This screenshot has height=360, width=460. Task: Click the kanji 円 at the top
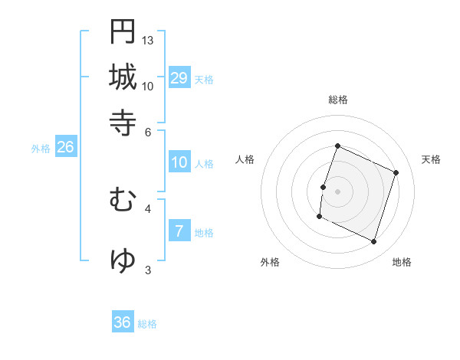[x=123, y=31]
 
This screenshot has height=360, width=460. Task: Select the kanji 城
[x=123, y=77]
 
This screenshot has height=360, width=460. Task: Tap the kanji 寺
[x=123, y=123]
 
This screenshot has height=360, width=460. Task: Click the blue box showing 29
[x=179, y=78]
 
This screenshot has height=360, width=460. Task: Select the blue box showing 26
[x=65, y=148]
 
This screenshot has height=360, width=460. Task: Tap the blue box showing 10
[x=179, y=162]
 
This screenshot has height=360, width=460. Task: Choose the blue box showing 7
[x=179, y=232]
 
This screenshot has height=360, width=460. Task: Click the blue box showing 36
[x=123, y=322]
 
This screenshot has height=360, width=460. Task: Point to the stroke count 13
[x=148, y=40]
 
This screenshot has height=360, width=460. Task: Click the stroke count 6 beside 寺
[x=148, y=131]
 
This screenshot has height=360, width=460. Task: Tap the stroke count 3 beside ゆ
[x=148, y=270]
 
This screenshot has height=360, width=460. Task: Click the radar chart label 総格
[x=338, y=100]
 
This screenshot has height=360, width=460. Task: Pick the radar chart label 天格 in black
[x=432, y=159]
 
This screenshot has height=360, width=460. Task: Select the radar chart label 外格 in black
[x=270, y=262]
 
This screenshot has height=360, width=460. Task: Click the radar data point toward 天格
[x=396, y=172]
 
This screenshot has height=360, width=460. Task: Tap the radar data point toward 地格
[x=374, y=242]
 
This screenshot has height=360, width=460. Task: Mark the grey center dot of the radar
[x=338, y=191]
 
